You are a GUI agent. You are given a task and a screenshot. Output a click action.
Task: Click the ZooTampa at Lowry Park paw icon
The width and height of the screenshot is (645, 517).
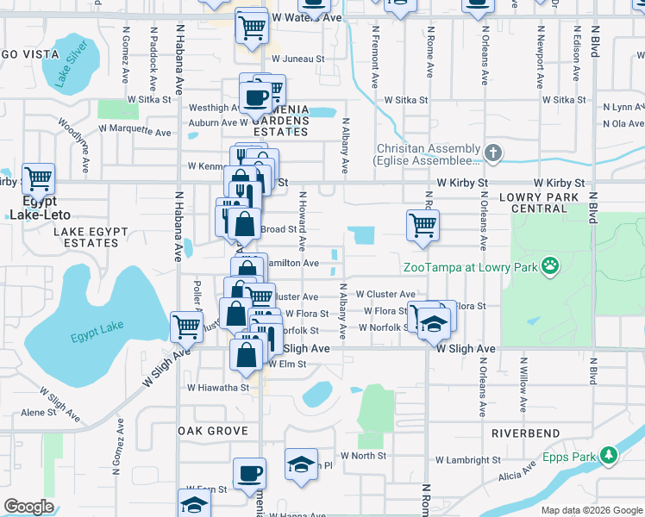(x=548, y=267)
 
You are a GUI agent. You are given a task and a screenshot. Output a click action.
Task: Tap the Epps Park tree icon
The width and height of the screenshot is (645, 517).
(x=609, y=454)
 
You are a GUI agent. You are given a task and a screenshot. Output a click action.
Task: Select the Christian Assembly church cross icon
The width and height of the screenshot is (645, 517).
(x=492, y=154)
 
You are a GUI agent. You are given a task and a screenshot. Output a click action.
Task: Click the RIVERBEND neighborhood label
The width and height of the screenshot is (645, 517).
(x=525, y=433)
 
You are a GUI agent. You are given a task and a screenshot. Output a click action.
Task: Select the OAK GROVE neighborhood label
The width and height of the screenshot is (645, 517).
(x=212, y=431)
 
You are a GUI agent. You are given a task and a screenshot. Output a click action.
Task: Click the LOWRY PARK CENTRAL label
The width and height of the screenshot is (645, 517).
(x=550, y=202)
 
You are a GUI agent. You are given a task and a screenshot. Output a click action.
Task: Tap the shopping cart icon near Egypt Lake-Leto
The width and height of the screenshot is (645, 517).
(x=39, y=179)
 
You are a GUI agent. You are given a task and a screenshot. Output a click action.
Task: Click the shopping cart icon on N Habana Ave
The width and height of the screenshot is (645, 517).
(x=187, y=326)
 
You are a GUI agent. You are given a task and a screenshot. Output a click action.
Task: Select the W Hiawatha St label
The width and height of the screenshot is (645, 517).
(x=218, y=388)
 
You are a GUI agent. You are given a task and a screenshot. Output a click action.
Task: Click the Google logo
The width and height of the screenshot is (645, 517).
(x=29, y=507)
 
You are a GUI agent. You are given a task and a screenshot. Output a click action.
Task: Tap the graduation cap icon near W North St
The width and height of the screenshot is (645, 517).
(x=301, y=464)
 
